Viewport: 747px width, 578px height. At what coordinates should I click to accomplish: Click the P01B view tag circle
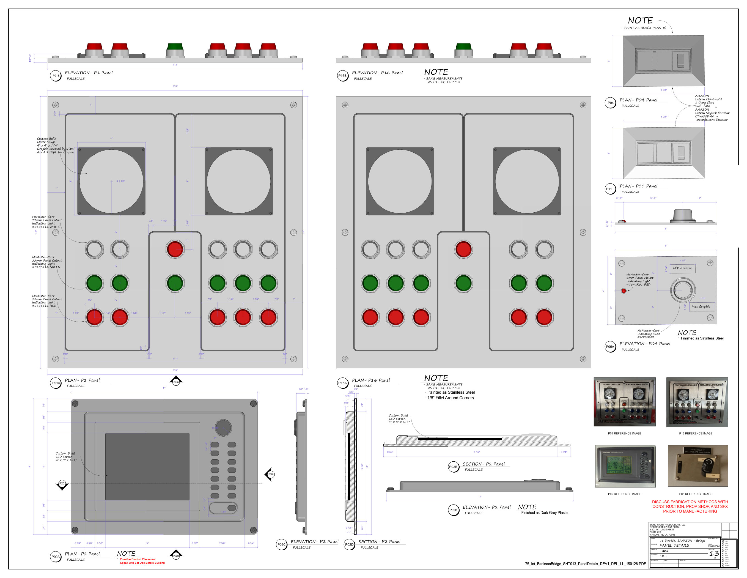click(x=56, y=76)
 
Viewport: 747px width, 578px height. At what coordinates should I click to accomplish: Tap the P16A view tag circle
click(x=342, y=383)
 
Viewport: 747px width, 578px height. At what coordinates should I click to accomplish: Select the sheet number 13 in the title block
click(x=714, y=553)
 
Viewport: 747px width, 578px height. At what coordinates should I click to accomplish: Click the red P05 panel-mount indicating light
click(x=624, y=291)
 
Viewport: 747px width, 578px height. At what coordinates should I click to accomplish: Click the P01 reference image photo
click(x=625, y=402)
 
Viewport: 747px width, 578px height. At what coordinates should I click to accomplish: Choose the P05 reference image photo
click(x=697, y=466)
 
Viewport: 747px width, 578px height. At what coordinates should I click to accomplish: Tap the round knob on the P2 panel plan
click(x=223, y=428)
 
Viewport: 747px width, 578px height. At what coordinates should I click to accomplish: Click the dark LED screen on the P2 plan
click(x=147, y=466)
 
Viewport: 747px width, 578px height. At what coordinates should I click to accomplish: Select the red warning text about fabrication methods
click(x=690, y=506)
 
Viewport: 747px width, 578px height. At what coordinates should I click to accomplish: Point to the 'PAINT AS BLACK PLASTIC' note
click(x=645, y=28)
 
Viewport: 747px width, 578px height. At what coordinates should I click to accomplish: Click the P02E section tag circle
click(x=453, y=467)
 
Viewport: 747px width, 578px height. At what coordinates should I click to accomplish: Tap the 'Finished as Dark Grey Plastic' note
click(x=545, y=513)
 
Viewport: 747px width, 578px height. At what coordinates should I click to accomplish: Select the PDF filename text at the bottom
click(x=585, y=564)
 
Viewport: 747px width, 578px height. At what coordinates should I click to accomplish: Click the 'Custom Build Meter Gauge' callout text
click(x=55, y=146)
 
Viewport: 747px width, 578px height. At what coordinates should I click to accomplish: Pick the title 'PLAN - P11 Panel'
click(x=638, y=186)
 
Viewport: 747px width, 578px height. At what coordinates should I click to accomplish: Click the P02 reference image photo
click(x=625, y=466)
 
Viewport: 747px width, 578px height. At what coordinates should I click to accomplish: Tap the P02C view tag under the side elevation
click(x=281, y=544)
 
